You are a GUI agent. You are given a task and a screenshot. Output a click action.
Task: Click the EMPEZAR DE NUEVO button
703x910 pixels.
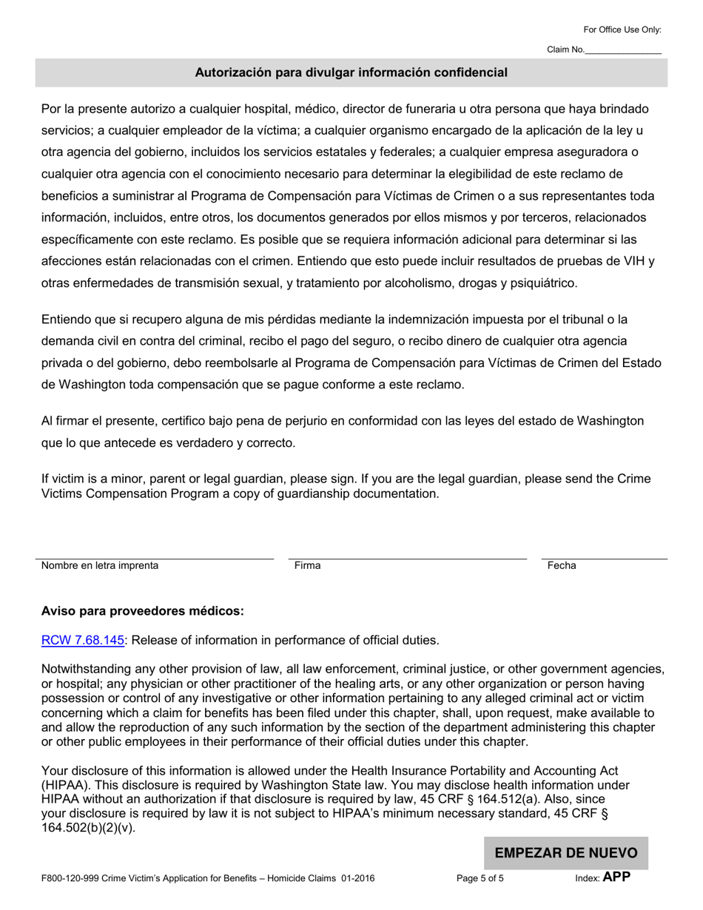click(x=566, y=852)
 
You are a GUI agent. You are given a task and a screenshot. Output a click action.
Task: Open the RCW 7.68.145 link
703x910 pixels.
click(x=82, y=640)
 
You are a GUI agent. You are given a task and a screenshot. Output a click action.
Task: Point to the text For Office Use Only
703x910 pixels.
click(x=622, y=30)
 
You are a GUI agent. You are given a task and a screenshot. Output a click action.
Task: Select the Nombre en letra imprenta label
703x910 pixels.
click(x=100, y=565)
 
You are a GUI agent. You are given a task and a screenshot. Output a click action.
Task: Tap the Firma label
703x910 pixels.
click(x=307, y=565)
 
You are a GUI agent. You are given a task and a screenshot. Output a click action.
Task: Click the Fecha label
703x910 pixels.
click(x=562, y=565)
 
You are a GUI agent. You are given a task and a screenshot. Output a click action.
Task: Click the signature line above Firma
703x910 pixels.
click(x=407, y=557)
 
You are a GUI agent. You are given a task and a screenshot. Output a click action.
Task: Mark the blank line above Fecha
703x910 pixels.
click(x=604, y=557)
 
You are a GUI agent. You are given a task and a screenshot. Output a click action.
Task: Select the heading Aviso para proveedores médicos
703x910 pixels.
click(x=142, y=611)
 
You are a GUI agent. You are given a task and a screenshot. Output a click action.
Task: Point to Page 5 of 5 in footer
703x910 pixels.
click(x=480, y=879)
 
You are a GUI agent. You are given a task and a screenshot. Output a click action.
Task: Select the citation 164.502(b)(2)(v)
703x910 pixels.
click(x=88, y=828)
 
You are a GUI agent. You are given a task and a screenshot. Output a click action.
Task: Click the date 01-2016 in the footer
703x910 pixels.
click(x=358, y=879)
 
